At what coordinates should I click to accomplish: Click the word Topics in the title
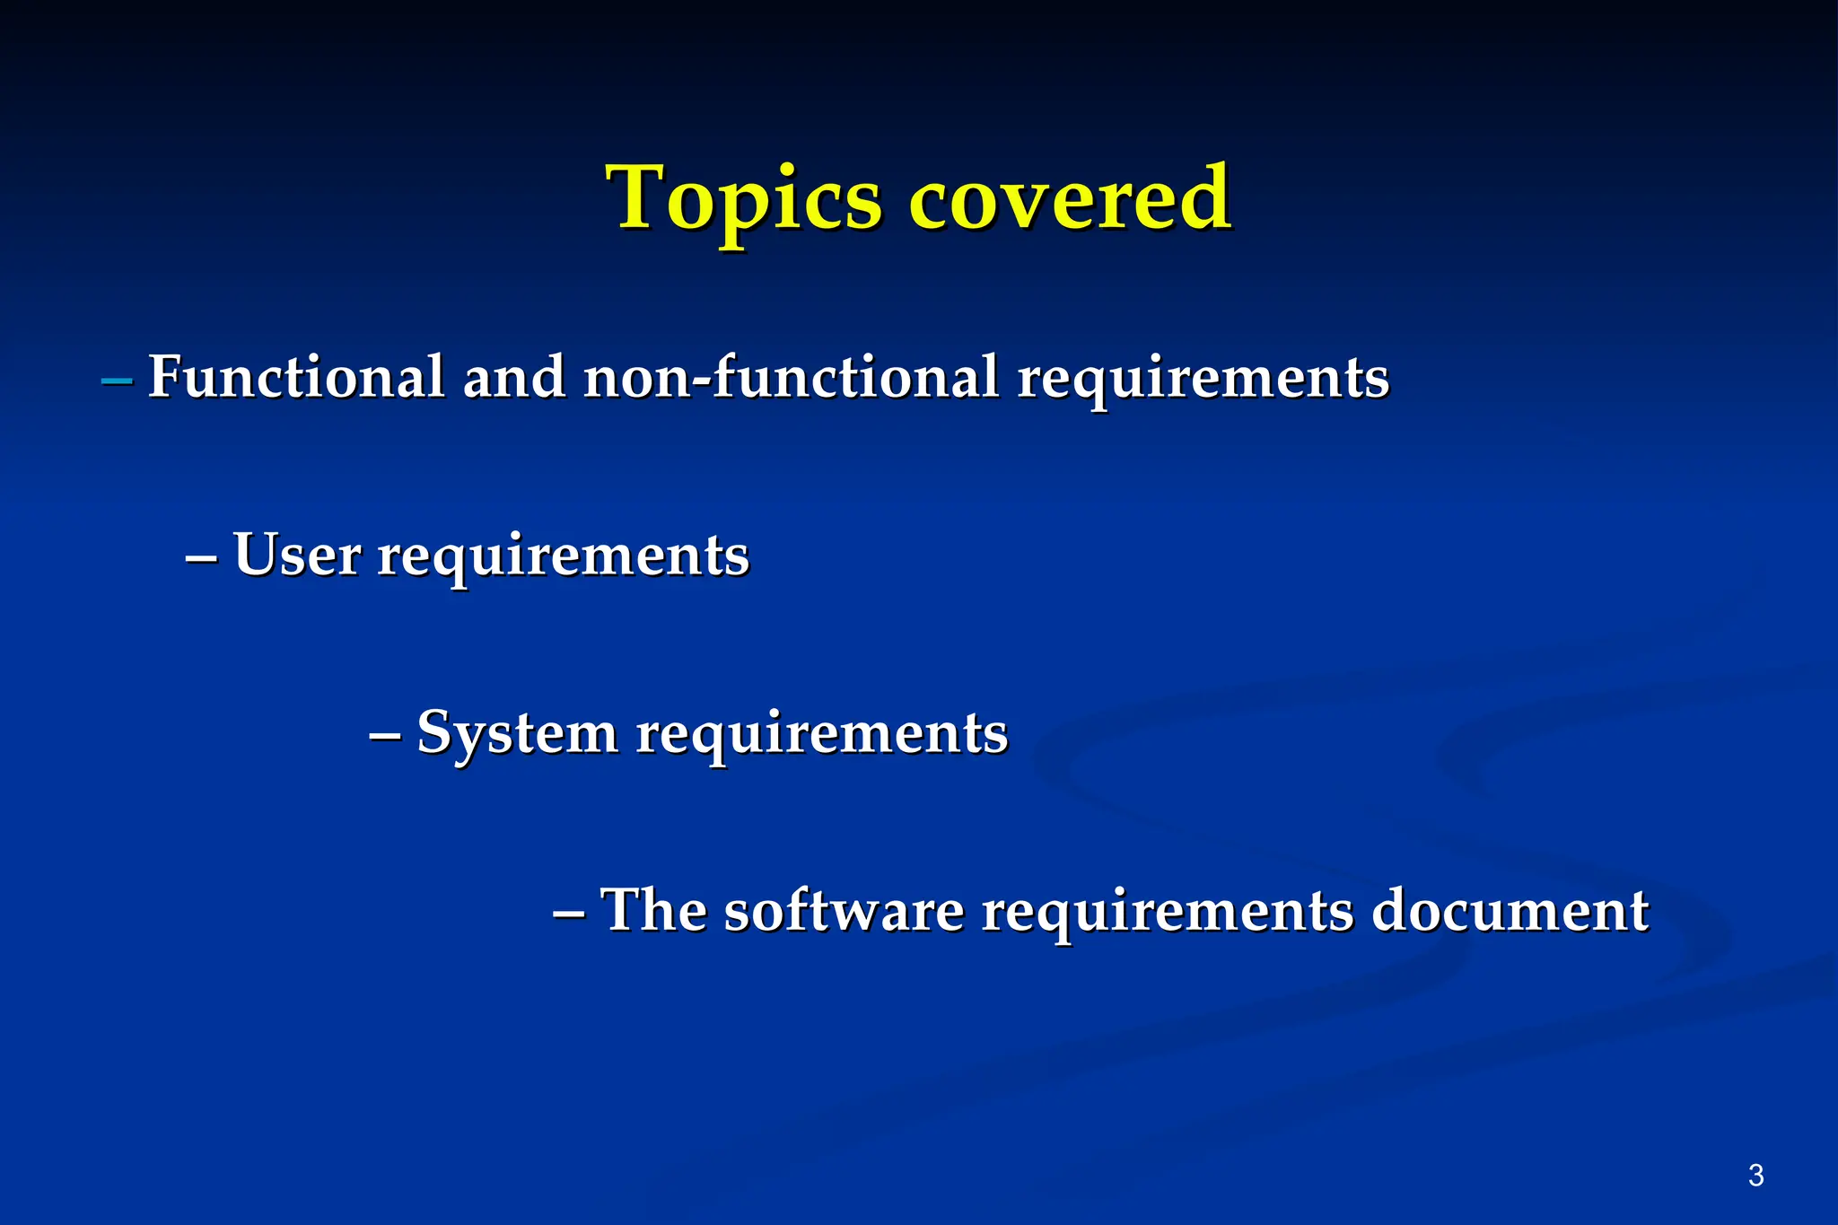(745, 199)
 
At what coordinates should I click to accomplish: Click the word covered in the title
(1070, 199)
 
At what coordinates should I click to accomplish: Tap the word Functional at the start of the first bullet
(296, 376)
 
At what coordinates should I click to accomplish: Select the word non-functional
(791, 376)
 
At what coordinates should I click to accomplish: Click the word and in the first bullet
(513, 376)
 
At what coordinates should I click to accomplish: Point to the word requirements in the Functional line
(1203, 378)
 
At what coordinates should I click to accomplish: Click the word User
(296, 555)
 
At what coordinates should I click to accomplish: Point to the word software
(844, 911)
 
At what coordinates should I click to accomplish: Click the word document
(1510, 911)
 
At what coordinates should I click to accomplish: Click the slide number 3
(1756, 1175)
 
